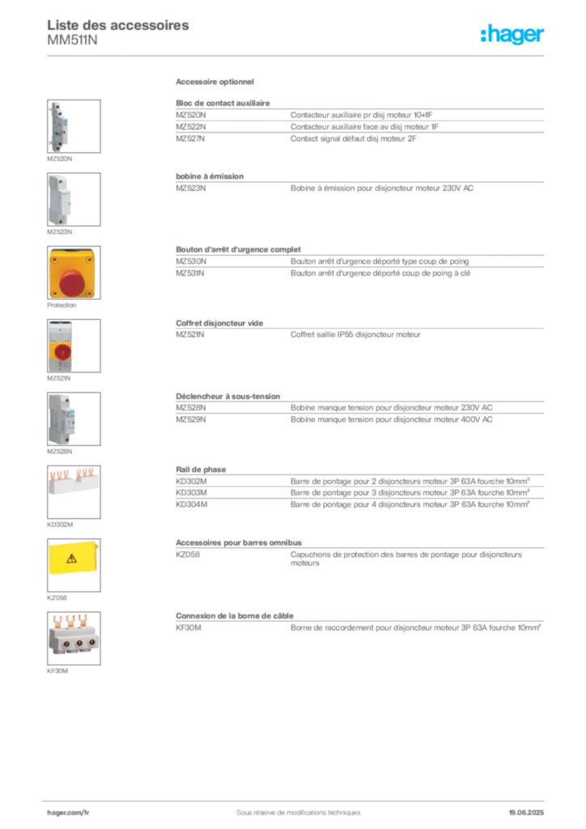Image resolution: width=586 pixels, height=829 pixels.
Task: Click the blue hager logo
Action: click(513, 35)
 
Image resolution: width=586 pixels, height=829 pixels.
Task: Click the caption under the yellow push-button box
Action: click(62, 308)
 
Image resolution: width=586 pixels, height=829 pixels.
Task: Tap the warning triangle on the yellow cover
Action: click(71, 558)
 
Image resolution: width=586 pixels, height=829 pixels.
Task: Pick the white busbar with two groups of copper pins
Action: click(74, 483)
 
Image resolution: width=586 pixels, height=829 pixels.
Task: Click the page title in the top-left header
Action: click(120, 26)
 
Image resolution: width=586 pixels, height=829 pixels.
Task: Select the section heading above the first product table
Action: click(216, 83)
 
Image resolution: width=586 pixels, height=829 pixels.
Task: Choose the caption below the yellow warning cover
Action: click(57, 597)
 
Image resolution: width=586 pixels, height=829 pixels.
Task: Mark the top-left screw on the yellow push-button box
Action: click(53, 254)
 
